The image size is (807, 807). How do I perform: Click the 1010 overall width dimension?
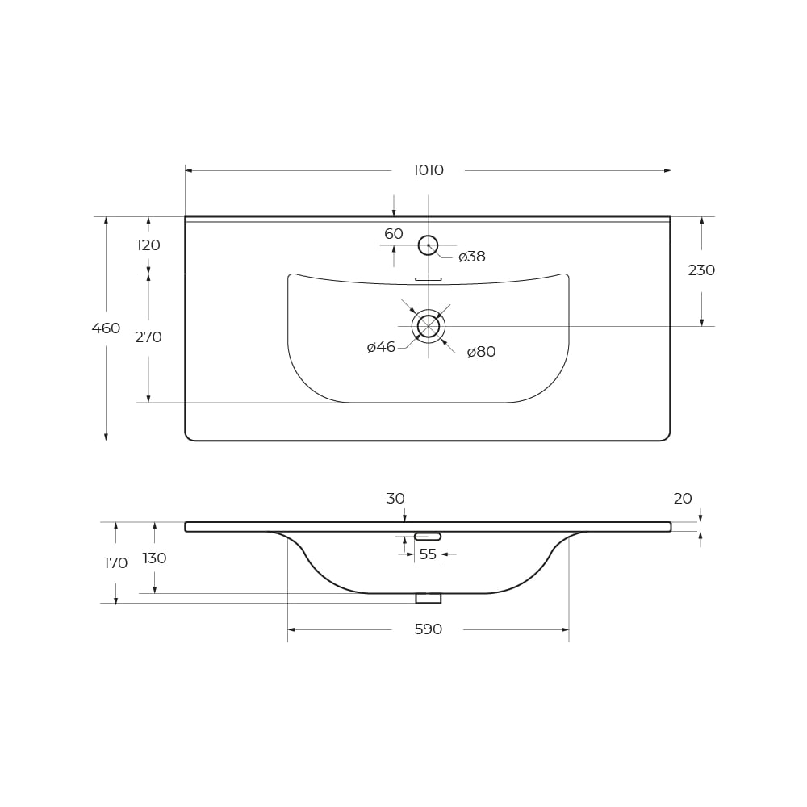pyautogui.click(x=429, y=169)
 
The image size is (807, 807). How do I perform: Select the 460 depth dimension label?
pyautogui.click(x=106, y=328)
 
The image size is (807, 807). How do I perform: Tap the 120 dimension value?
pyautogui.click(x=148, y=245)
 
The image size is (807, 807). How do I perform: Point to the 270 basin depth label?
pyautogui.click(x=148, y=337)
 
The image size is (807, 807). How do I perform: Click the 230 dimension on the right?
pyautogui.click(x=701, y=270)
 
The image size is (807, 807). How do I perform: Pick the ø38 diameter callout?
pyautogui.click(x=472, y=257)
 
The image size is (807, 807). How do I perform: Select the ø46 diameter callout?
pyautogui.click(x=381, y=347)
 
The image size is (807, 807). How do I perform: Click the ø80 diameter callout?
pyautogui.click(x=481, y=352)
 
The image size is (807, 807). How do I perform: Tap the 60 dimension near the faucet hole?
pyautogui.click(x=394, y=234)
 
